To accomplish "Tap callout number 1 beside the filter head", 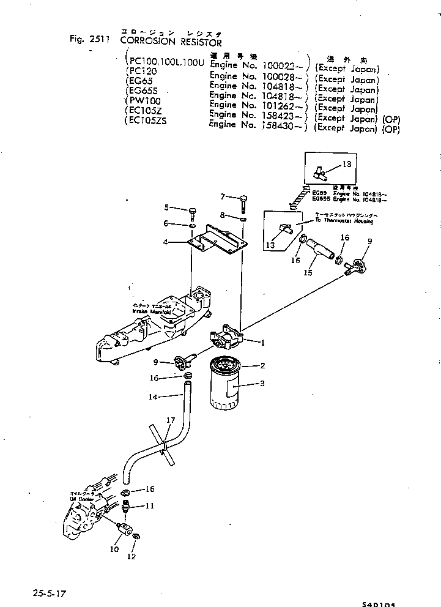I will point(262,343).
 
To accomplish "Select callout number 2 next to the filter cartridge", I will point(262,366).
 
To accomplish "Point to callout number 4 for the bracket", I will point(165,243).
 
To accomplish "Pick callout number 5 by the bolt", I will point(166,208).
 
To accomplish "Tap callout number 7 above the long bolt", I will point(223,196).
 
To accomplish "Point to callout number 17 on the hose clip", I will point(170,420).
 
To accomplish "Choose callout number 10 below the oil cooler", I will point(114,549).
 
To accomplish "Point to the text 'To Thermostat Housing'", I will point(344,222).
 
